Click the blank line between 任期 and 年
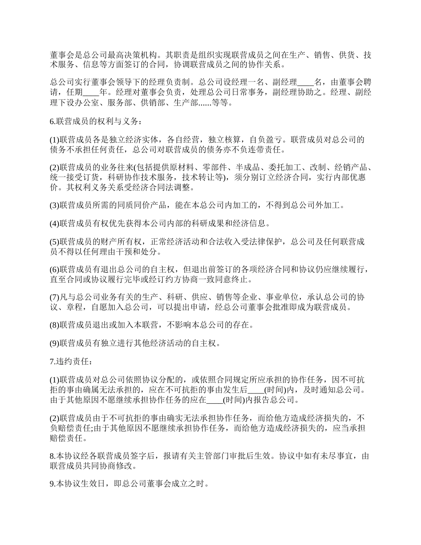click(x=91, y=93)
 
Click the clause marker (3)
click(x=55, y=205)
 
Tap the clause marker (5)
click(x=55, y=241)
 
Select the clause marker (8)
click(x=55, y=325)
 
